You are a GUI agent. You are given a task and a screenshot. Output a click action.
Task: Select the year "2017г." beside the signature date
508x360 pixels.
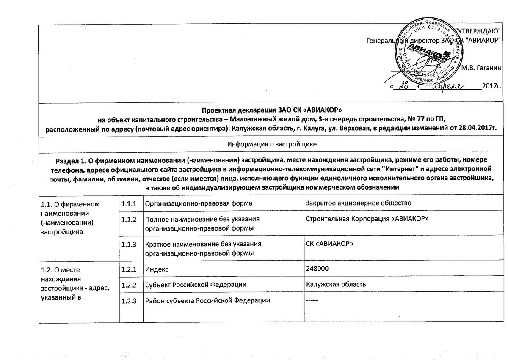click(x=491, y=87)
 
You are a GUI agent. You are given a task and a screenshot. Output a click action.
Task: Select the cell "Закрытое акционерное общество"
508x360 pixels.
click(x=359, y=203)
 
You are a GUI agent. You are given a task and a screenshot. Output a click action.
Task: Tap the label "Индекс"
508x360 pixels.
click(x=157, y=269)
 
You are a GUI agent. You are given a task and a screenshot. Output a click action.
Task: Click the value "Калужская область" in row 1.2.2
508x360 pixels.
click(x=336, y=285)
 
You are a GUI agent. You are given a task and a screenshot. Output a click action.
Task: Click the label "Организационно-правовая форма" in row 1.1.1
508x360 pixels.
click(x=199, y=203)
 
